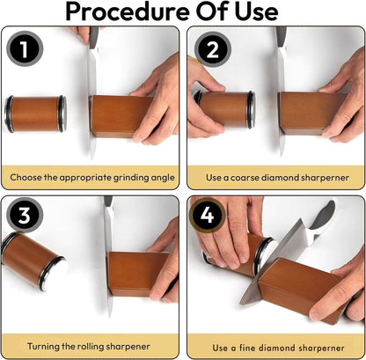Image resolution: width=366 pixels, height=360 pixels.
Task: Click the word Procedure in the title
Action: pos(128,12)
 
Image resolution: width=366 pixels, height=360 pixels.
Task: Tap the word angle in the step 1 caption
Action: pos(160,178)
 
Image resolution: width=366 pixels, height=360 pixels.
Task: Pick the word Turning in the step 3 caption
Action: pos(50,344)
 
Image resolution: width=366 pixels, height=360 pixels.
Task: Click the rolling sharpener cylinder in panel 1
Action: pos(34,114)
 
